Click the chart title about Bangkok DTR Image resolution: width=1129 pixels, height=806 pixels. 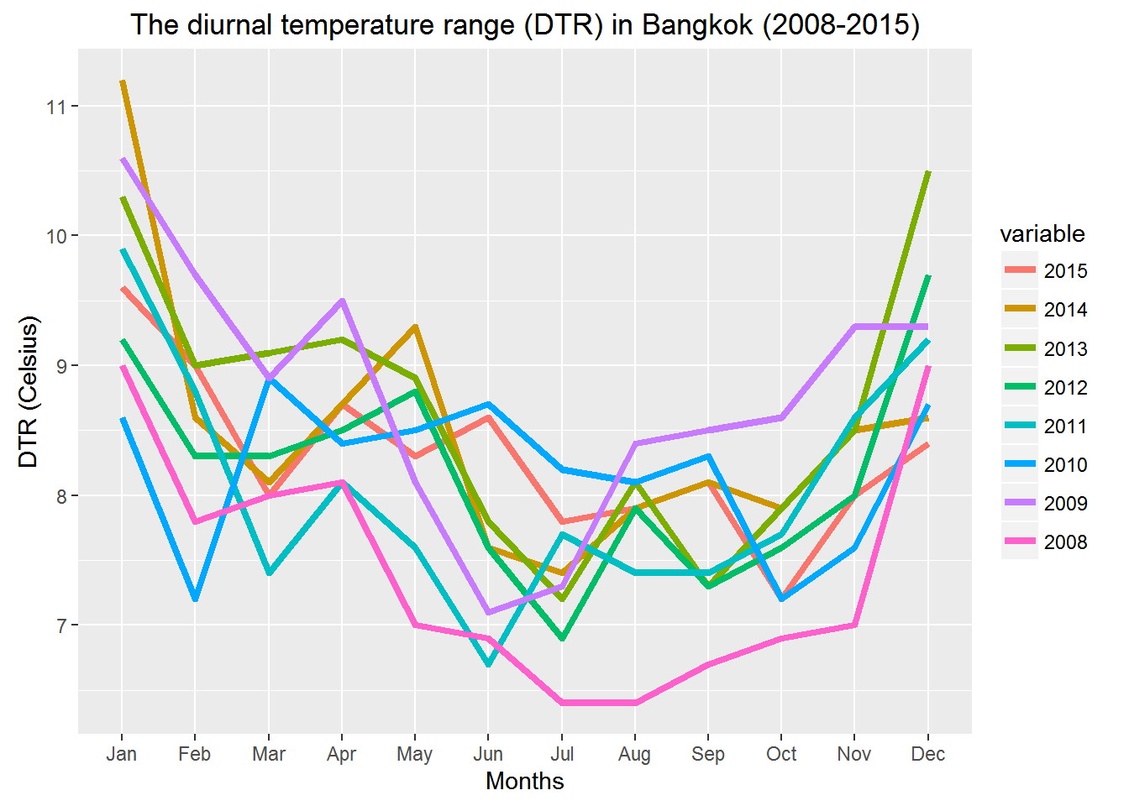tap(525, 24)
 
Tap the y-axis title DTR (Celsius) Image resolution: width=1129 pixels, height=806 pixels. tap(29, 391)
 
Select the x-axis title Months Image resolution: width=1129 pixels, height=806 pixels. tap(525, 782)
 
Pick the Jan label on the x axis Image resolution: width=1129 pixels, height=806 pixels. tap(122, 754)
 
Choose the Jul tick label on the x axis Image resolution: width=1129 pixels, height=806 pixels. tap(562, 754)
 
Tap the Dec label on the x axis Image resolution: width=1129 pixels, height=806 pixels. tap(927, 754)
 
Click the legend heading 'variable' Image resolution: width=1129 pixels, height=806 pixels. tap(1042, 233)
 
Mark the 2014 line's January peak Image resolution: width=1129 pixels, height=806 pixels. tap(123, 81)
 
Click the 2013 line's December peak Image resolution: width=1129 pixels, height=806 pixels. tap(927, 172)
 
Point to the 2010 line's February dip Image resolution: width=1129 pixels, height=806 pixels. tap(195, 599)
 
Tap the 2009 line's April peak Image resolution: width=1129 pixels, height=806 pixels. tap(342, 301)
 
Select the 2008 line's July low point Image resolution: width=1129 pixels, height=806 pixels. tap(562, 703)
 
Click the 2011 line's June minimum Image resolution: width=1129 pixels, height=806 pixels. tap(488, 664)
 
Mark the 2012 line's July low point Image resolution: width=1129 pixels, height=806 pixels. tap(562, 638)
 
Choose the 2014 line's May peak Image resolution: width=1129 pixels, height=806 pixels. tap(415, 327)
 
